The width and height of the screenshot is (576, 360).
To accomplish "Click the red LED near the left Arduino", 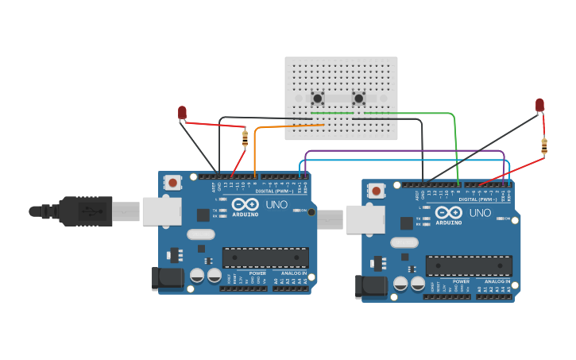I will click(182, 112).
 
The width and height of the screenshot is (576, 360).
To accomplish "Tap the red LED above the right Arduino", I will click(539, 104).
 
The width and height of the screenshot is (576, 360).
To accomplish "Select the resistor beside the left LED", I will click(245, 138).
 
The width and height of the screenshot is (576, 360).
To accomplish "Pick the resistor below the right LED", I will click(544, 146).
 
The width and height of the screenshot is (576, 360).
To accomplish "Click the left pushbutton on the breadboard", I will click(318, 99).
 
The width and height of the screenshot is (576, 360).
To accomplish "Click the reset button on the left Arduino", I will click(172, 183).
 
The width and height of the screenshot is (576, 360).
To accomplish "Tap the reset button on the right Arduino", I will click(376, 190).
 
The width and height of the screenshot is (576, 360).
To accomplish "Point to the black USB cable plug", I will click(79, 211).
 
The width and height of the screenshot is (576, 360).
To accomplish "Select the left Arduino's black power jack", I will click(167, 277).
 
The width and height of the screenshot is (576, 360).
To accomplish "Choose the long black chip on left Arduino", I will click(265, 257).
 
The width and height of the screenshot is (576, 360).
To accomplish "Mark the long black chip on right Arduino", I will click(469, 265).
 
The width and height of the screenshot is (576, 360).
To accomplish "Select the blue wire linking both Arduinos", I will click(405, 160).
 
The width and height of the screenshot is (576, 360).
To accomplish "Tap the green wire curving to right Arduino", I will click(454, 127).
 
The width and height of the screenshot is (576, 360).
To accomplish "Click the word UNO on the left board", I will click(276, 204).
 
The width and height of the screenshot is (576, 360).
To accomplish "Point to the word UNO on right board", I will click(480, 213).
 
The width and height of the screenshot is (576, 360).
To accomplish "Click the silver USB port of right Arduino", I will click(365, 219).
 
